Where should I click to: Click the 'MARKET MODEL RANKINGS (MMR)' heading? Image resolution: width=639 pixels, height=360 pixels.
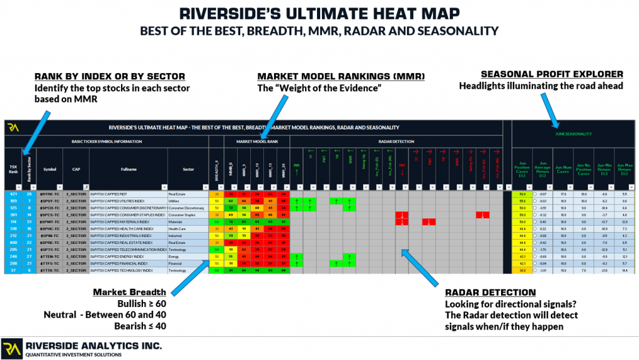(341, 76)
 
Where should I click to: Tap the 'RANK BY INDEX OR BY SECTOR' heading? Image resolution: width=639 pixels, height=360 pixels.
(109, 76)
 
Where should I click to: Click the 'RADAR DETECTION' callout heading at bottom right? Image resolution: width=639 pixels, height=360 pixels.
(490, 292)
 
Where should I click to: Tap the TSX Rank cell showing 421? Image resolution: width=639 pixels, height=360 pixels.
(12, 194)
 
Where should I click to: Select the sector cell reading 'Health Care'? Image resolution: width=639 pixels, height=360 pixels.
(180, 230)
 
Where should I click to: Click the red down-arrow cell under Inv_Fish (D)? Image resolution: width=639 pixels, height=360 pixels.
(482, 215)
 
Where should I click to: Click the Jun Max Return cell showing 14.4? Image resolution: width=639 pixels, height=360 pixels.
(624, 270)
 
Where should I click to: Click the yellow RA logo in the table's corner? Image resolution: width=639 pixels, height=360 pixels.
(13, 128)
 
